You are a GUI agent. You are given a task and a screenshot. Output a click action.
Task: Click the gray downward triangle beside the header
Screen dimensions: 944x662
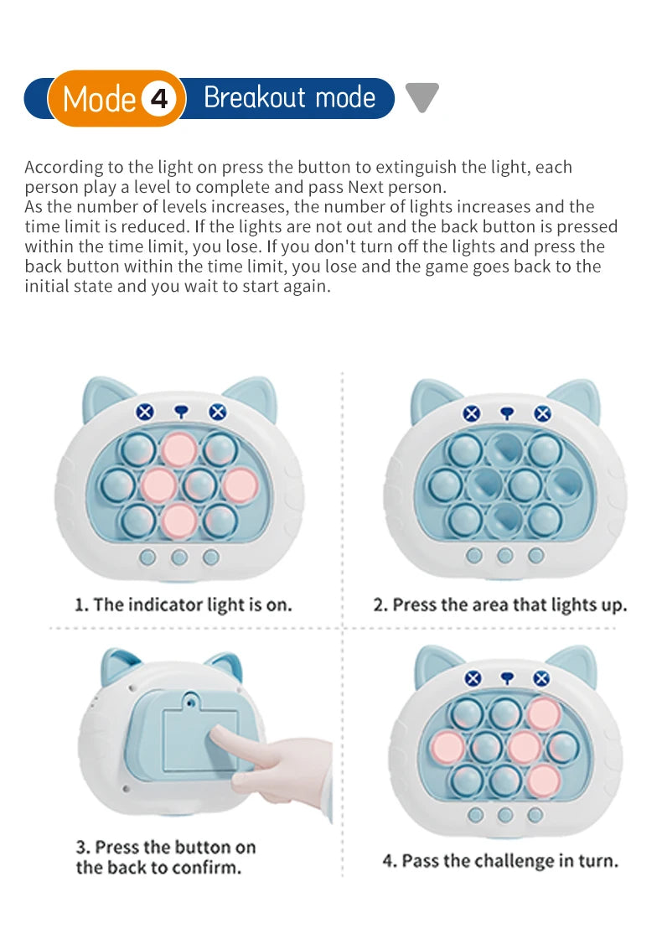coord(422,97)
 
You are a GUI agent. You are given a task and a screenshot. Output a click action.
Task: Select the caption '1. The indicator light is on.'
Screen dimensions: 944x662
coord(184,604)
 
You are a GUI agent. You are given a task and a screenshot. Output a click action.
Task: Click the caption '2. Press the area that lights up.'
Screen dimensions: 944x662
coord(499,604)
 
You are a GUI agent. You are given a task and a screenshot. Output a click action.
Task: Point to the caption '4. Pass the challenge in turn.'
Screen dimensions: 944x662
coord(500,861)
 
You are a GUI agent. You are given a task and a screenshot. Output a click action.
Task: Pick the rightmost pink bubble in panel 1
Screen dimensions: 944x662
coord(240,484)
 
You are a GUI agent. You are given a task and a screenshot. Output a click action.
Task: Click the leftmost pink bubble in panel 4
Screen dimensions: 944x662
coord(447,746)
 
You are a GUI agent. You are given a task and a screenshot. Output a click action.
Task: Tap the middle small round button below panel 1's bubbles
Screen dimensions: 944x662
coord(178,557)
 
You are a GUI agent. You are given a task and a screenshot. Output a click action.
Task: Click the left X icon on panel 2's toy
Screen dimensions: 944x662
coord(472,413)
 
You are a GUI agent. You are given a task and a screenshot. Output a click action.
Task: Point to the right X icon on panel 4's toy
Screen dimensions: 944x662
coord(541,678)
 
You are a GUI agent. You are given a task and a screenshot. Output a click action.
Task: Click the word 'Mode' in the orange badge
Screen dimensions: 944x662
coord(99,100)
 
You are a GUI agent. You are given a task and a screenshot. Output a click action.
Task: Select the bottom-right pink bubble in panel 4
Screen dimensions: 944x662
coord(542,780)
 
